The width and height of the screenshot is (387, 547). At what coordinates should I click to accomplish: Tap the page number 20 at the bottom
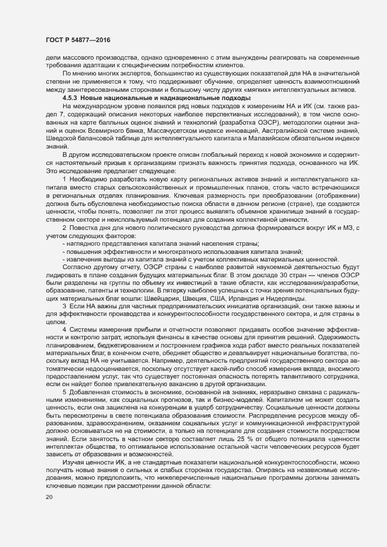pyautogui.click(x=49, y=498)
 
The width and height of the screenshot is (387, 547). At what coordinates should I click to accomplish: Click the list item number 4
pyautogui.click(x=64, y=331)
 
